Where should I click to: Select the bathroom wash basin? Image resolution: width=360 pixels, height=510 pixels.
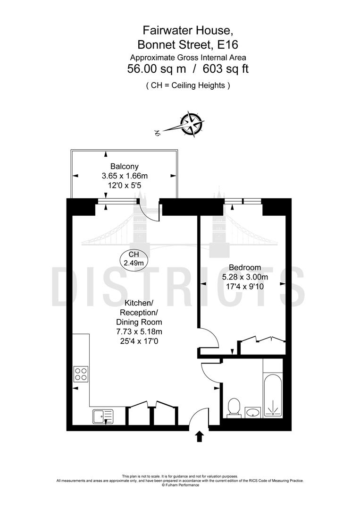[254, 412]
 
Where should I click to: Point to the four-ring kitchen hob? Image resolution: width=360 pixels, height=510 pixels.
[81, 374]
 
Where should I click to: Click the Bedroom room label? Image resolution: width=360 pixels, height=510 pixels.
[244, 267]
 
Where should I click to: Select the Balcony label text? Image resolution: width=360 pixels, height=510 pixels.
[124, 166]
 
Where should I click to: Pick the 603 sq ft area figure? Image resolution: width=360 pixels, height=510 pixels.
[226, 69]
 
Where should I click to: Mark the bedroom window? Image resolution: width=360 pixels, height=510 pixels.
[243, 202]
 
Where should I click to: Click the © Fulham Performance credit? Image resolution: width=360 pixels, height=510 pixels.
[180, 485]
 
